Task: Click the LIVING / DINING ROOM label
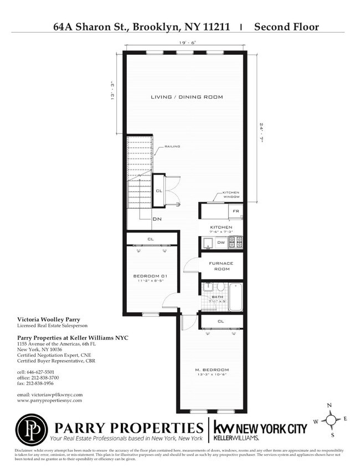[x=187, y=97]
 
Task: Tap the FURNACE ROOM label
[x=221, y=266]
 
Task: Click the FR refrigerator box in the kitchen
[x=235, y=212]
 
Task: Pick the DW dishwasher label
[x=221, y=242]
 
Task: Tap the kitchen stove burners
[x=236, y=242]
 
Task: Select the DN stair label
[x=157, y=219]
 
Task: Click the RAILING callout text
[x=172, y=147]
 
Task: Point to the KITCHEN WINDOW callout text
[x=232, y=194]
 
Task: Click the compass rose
[x=331, y=420]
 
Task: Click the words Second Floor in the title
[x=286, y=26]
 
